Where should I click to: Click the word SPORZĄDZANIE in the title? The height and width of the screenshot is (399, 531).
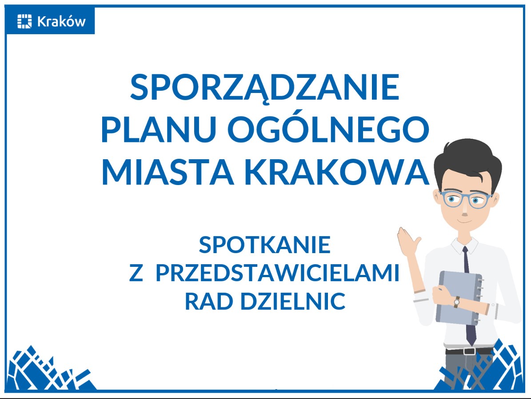pyautogui.click(x=265, y=88)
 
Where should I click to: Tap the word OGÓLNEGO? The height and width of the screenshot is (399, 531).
pyautogui.click(x=328, y=129)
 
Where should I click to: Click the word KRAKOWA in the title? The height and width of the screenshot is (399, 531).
pyautogui.click(x=338, y=171)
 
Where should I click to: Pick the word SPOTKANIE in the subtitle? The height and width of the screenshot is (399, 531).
pyautogui.click(x=265, y=245)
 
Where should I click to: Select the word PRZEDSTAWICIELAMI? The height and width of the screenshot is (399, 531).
pyautogui.click(x=277, y=273)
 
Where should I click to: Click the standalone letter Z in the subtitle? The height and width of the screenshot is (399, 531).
pyautogui.click(x=136, y=273)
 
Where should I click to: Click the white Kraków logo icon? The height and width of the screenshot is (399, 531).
pyautogui.click(x=25, y=21)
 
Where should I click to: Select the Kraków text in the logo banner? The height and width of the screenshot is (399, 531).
pyautogui.click(x=61, y=21)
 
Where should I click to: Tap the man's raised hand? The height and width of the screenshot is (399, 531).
pyautogui.click(x=409, y=243)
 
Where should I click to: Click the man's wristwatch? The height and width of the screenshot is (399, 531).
pyautogui.click(x=456, y=301)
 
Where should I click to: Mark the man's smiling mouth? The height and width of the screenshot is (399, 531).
pyautogui.click(x=464, y=219)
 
